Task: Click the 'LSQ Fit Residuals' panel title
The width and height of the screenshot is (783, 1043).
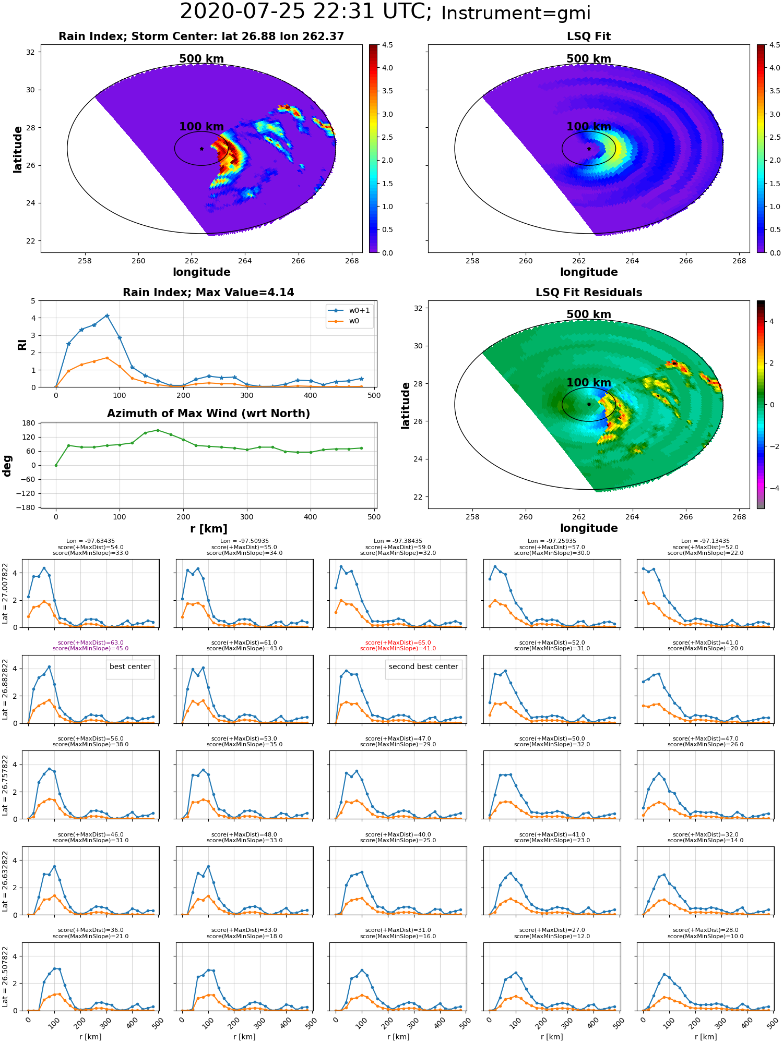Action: coord(589,293)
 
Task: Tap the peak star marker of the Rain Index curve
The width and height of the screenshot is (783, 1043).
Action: coord(107,316)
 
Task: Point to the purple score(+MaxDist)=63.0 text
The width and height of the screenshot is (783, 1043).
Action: coord(91,642)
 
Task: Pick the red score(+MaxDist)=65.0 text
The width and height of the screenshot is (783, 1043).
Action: coord(398,642)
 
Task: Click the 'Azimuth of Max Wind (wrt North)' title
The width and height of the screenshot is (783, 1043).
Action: coord(208,414)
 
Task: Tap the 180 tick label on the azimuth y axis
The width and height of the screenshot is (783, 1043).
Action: coord(30,423)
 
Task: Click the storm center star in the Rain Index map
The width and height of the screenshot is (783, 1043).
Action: coord(201,149)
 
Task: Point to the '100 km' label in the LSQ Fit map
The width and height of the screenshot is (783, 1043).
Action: coord(589,127)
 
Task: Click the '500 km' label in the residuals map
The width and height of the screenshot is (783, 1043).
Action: coord(589,314)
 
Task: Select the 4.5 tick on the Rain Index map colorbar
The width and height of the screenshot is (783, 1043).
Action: coord(387,45)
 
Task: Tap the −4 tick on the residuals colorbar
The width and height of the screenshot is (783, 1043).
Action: coord(772,488)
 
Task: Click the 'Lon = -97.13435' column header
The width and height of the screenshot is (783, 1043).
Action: coord(705,541)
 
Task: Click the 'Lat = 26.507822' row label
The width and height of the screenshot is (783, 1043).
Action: coord(5,977)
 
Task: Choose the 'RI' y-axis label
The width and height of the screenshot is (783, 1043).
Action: coord(22,345)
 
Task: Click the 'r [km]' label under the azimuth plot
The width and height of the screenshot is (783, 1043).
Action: coord(208,529)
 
